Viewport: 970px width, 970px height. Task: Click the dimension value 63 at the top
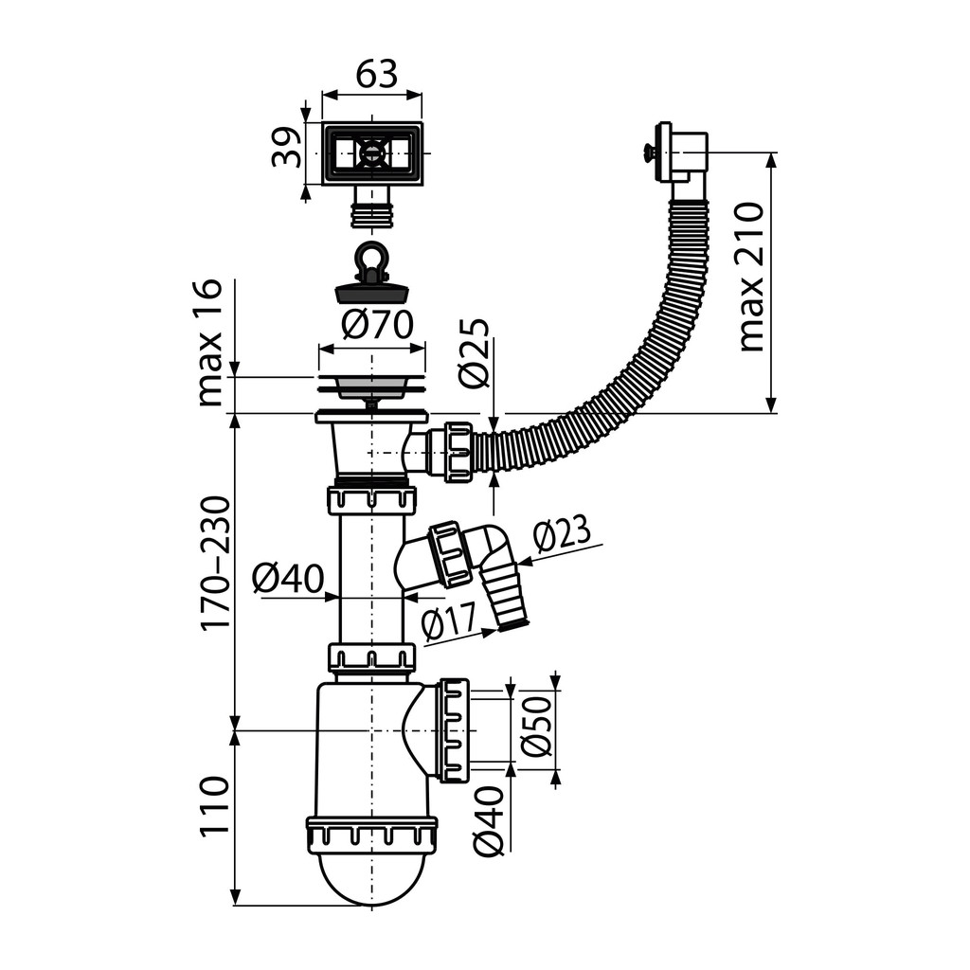(376, 75)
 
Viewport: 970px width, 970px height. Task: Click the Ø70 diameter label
(377, 325)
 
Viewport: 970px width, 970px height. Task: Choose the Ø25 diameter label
(475, 353)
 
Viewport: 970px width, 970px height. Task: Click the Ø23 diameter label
(562, 534)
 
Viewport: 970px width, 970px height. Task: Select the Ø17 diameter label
(450, 621)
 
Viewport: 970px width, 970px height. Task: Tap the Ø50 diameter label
(536, 727)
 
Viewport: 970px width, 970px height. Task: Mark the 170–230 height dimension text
(216, 563)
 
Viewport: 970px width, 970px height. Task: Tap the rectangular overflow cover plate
(372, 153)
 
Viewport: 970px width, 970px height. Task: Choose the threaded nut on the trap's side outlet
(454, 730)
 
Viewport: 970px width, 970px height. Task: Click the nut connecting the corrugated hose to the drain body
(458, 451)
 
